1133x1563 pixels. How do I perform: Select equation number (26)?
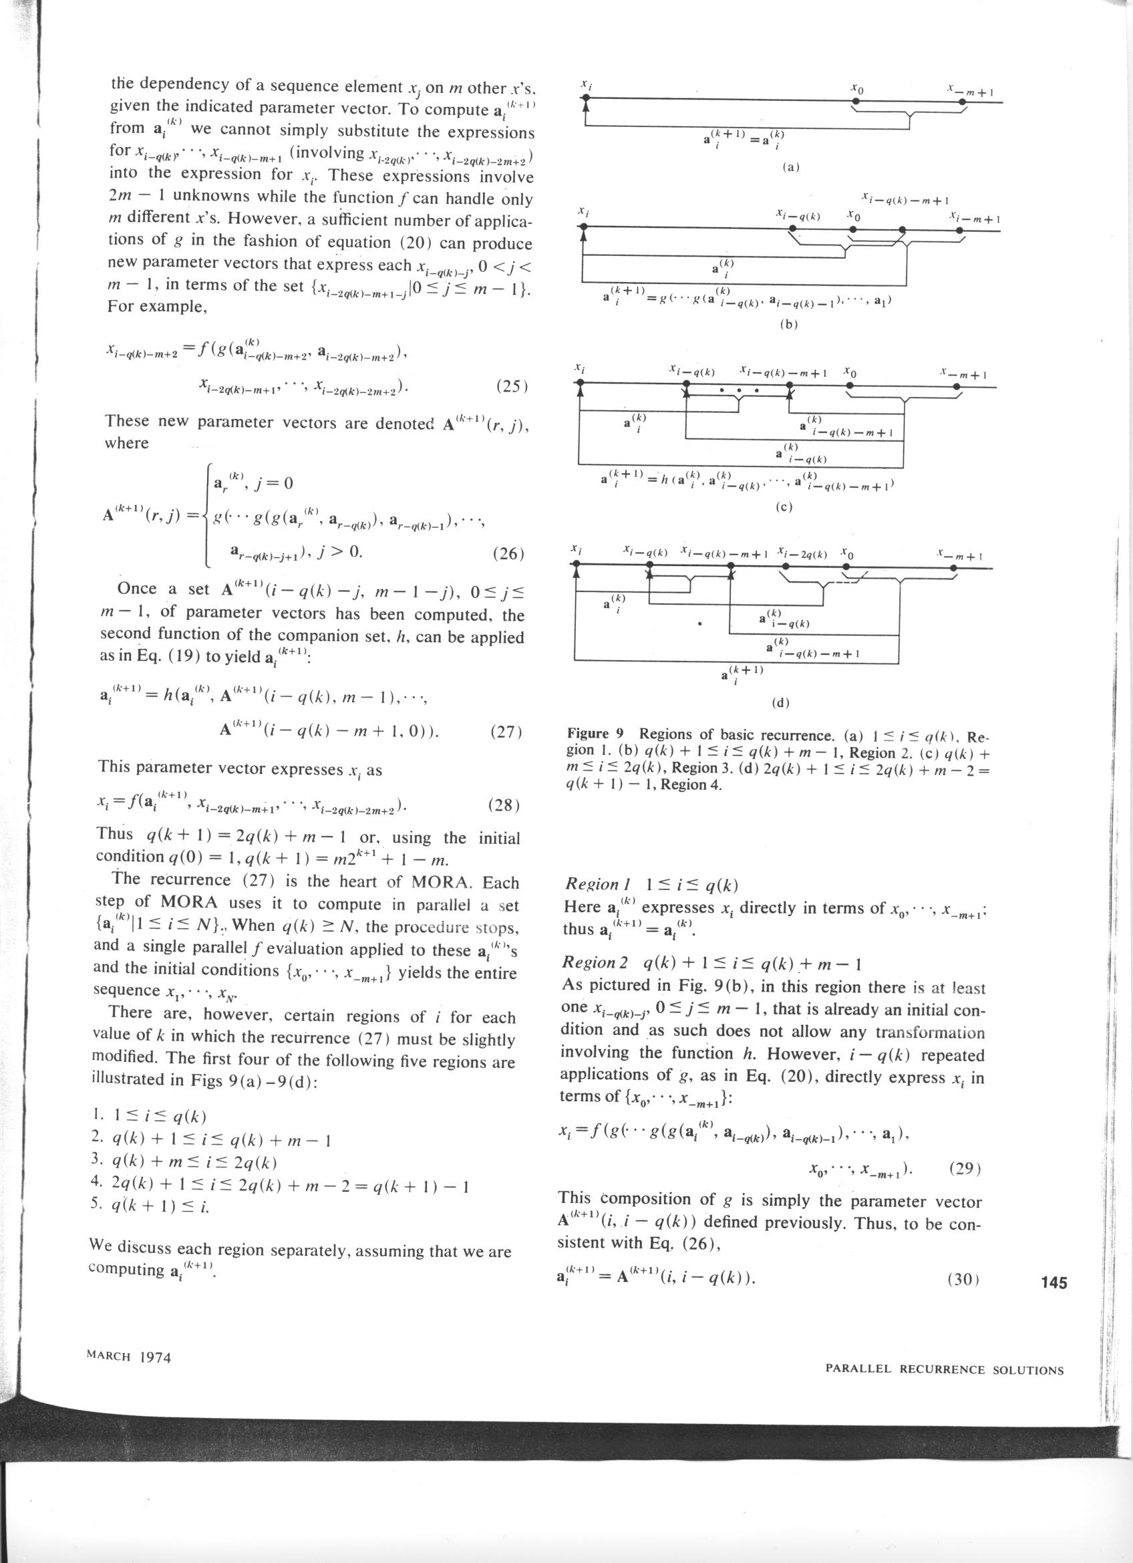pyautogui.click(x=509, y=553)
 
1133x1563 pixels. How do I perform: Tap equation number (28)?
pyautogui.click(x=504, y=805)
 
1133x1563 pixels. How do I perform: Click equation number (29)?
pyautogui.click(x=964, y=1167)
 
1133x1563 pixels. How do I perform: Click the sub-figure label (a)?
pyautogui.click(x=790, y=167)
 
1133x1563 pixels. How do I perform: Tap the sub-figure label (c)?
pyautogui.click(x=784, y=507)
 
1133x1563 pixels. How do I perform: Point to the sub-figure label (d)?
pyautogui.click(x=781, y=703)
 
